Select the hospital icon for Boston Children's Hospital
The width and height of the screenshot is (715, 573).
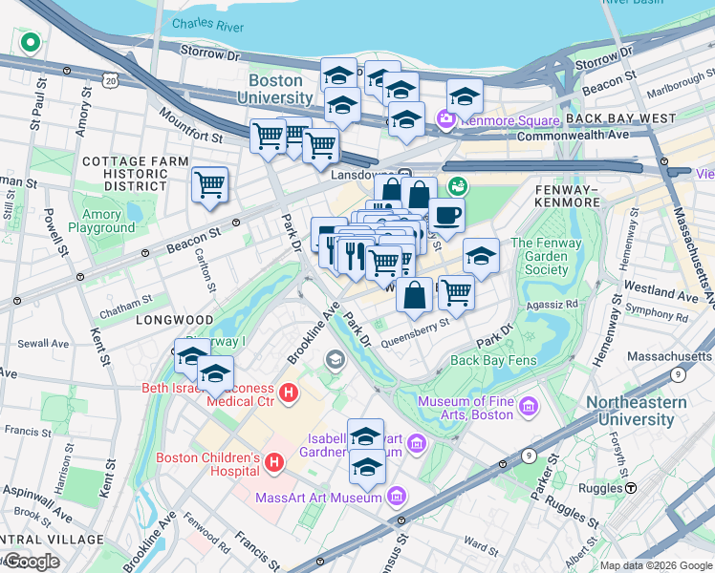coord(274,463)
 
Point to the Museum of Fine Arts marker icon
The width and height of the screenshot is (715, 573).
coord(529,409)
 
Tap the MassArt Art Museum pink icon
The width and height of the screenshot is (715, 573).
coord(398,497)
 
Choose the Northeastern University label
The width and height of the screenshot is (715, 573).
coord(636,411)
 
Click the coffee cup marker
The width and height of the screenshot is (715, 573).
coord(446,216)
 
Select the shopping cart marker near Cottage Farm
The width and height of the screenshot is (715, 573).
coord(209,184)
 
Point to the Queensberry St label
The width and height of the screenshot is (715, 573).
coord(415,338)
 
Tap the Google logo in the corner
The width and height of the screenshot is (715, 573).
coord(31,562)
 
